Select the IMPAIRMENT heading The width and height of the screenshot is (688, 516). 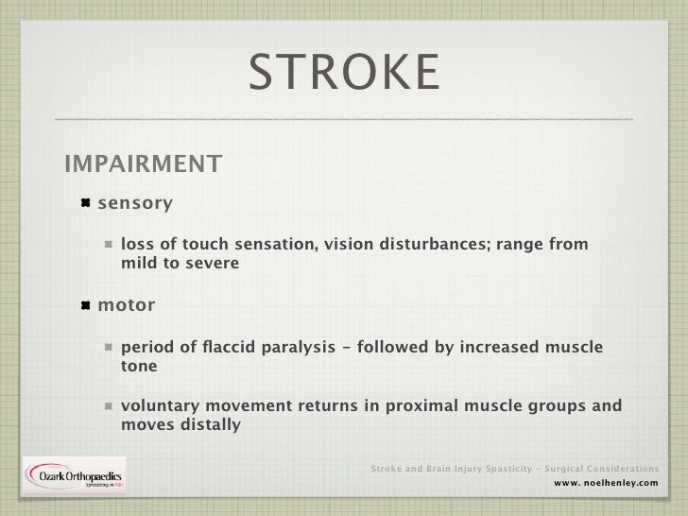143,164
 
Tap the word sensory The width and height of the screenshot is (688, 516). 136,203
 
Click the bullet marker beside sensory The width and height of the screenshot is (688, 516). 85,203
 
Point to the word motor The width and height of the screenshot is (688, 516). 128,306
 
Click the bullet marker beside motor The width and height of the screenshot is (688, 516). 85,306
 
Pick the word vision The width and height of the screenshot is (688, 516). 349,245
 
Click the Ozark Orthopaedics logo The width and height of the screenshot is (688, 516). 74,478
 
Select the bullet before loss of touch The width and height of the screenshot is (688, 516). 110,245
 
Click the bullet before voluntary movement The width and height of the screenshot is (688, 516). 110,406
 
